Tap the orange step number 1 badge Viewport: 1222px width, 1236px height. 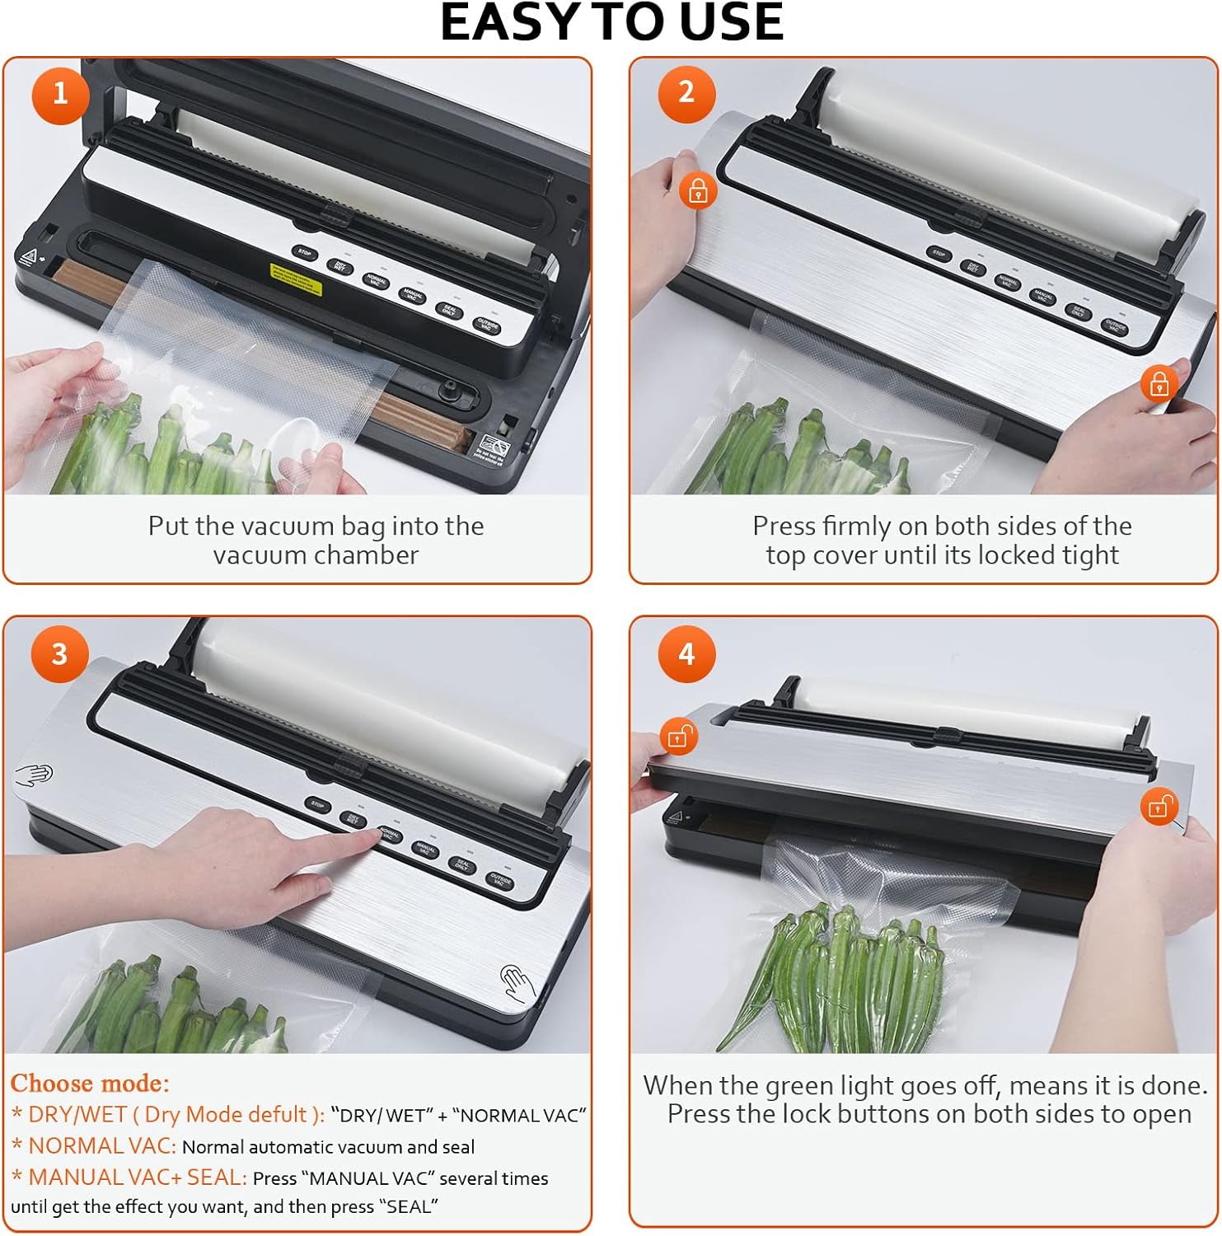coord(59,93)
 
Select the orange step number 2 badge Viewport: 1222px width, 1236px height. coord(686,92)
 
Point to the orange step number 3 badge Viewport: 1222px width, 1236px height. coord(59,654)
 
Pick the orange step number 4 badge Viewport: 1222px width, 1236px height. coord(686,654)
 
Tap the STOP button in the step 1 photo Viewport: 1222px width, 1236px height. coord(305,253)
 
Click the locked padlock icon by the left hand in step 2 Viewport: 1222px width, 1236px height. coord(698,191)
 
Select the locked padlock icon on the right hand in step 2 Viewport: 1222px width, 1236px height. coord(1159,383)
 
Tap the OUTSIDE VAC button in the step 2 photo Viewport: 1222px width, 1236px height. coord(1115,326)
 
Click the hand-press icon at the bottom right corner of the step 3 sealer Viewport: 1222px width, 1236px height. coord(517,984)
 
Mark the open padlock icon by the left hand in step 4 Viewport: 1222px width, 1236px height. coord(678,736)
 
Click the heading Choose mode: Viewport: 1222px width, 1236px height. coord(90,1083)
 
